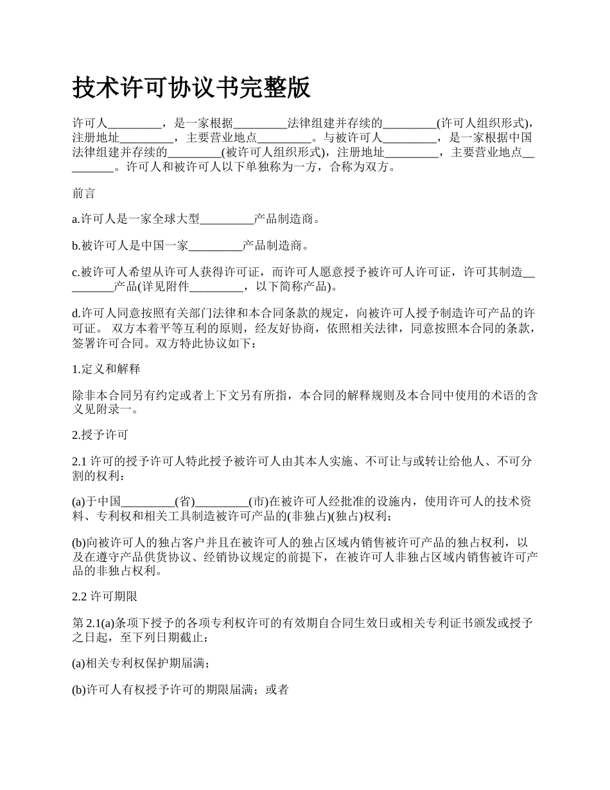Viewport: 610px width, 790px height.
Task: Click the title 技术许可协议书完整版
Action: point(191,87)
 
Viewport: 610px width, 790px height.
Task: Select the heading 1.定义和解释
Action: point(106,369)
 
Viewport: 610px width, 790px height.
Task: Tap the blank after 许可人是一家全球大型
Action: point(227,219)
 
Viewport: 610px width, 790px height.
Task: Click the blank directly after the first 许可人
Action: point(133,123)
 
